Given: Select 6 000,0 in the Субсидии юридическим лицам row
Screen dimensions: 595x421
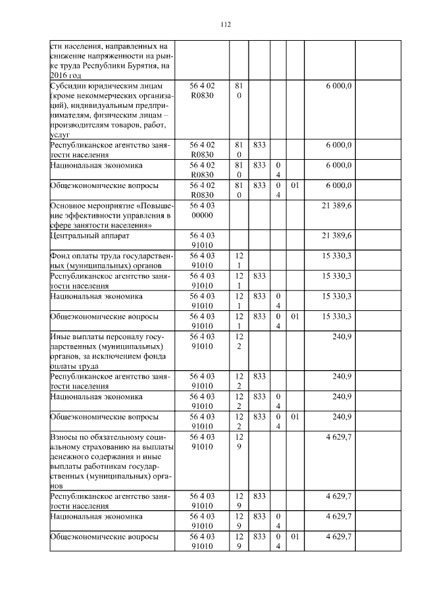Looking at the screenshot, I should click(x=338, y=86).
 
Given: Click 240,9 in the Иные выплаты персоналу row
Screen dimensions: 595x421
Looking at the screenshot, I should click(x=342, y=337).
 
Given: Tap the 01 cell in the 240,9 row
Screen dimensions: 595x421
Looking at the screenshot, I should click(x=295, y=417).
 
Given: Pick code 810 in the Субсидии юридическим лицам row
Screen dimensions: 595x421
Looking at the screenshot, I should click(x=239, y=91).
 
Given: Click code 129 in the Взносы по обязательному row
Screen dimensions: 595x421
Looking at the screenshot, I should click(x=239, y=441).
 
